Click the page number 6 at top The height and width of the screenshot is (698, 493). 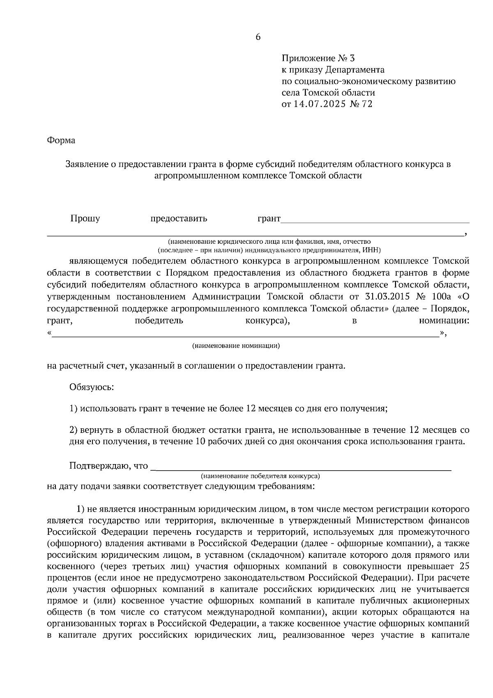[x=258, y=37]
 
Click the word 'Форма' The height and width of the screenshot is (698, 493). [x=61, y=141]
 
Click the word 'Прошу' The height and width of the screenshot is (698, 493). [x=85, y=218]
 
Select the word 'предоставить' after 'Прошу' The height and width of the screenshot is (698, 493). [x=179, y=218]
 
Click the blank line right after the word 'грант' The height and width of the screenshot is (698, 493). [x=374, y=221]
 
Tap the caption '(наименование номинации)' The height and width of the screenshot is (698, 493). [x=236, y=346]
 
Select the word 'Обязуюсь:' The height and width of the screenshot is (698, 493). [x=92, y=387]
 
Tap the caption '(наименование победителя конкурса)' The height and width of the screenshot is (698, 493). [x=260, y=476]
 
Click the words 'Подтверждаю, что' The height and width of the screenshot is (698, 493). [x=108, y=466]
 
